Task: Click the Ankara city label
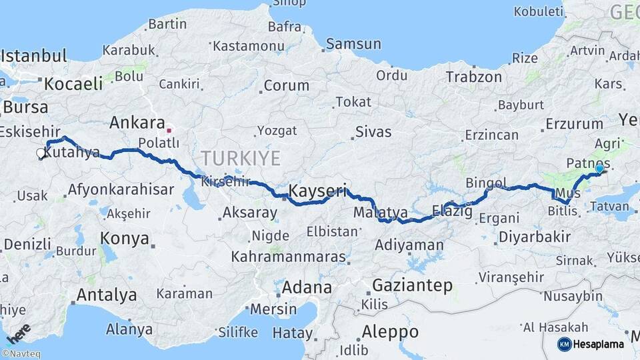click(x=137, y=123)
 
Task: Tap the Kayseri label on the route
click(x=317, y=192)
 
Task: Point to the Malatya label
click(x=381, y=213)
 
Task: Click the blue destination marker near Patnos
click(x=599, y=169)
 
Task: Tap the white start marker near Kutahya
click(x=41, y=153)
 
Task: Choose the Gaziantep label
click(x=411, y=285)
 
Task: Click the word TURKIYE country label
click(x=241, y=158)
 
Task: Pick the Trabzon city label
click(x=473, y=77)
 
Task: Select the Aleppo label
click(x=390, y=331)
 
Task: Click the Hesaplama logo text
click(x=599, y=344)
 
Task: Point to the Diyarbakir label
click(x=535, y=237)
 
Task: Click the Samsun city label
click(x=353, y=44)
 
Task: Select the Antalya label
click(x=107, y=294)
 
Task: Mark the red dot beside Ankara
click(x=169, y=130)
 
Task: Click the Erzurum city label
click(x=574, y=123)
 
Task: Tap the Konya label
click(x=124, y=238)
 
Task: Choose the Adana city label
click(x=307, y=288)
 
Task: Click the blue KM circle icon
click(x=565, y=344)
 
